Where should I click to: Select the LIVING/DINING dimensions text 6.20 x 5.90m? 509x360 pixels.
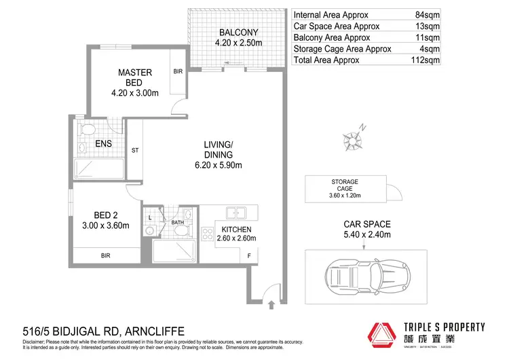click(219, 164)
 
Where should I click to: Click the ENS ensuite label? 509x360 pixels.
click(104, 144)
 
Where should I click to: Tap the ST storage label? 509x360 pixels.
click(135, 151)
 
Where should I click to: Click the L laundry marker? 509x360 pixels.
click(151, 217)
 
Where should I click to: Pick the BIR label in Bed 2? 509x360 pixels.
click(105, 255)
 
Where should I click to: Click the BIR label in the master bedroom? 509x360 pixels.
click(178, 71)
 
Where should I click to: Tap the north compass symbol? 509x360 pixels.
click(353, 139)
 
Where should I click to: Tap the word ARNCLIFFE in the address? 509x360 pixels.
click(156, 331)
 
